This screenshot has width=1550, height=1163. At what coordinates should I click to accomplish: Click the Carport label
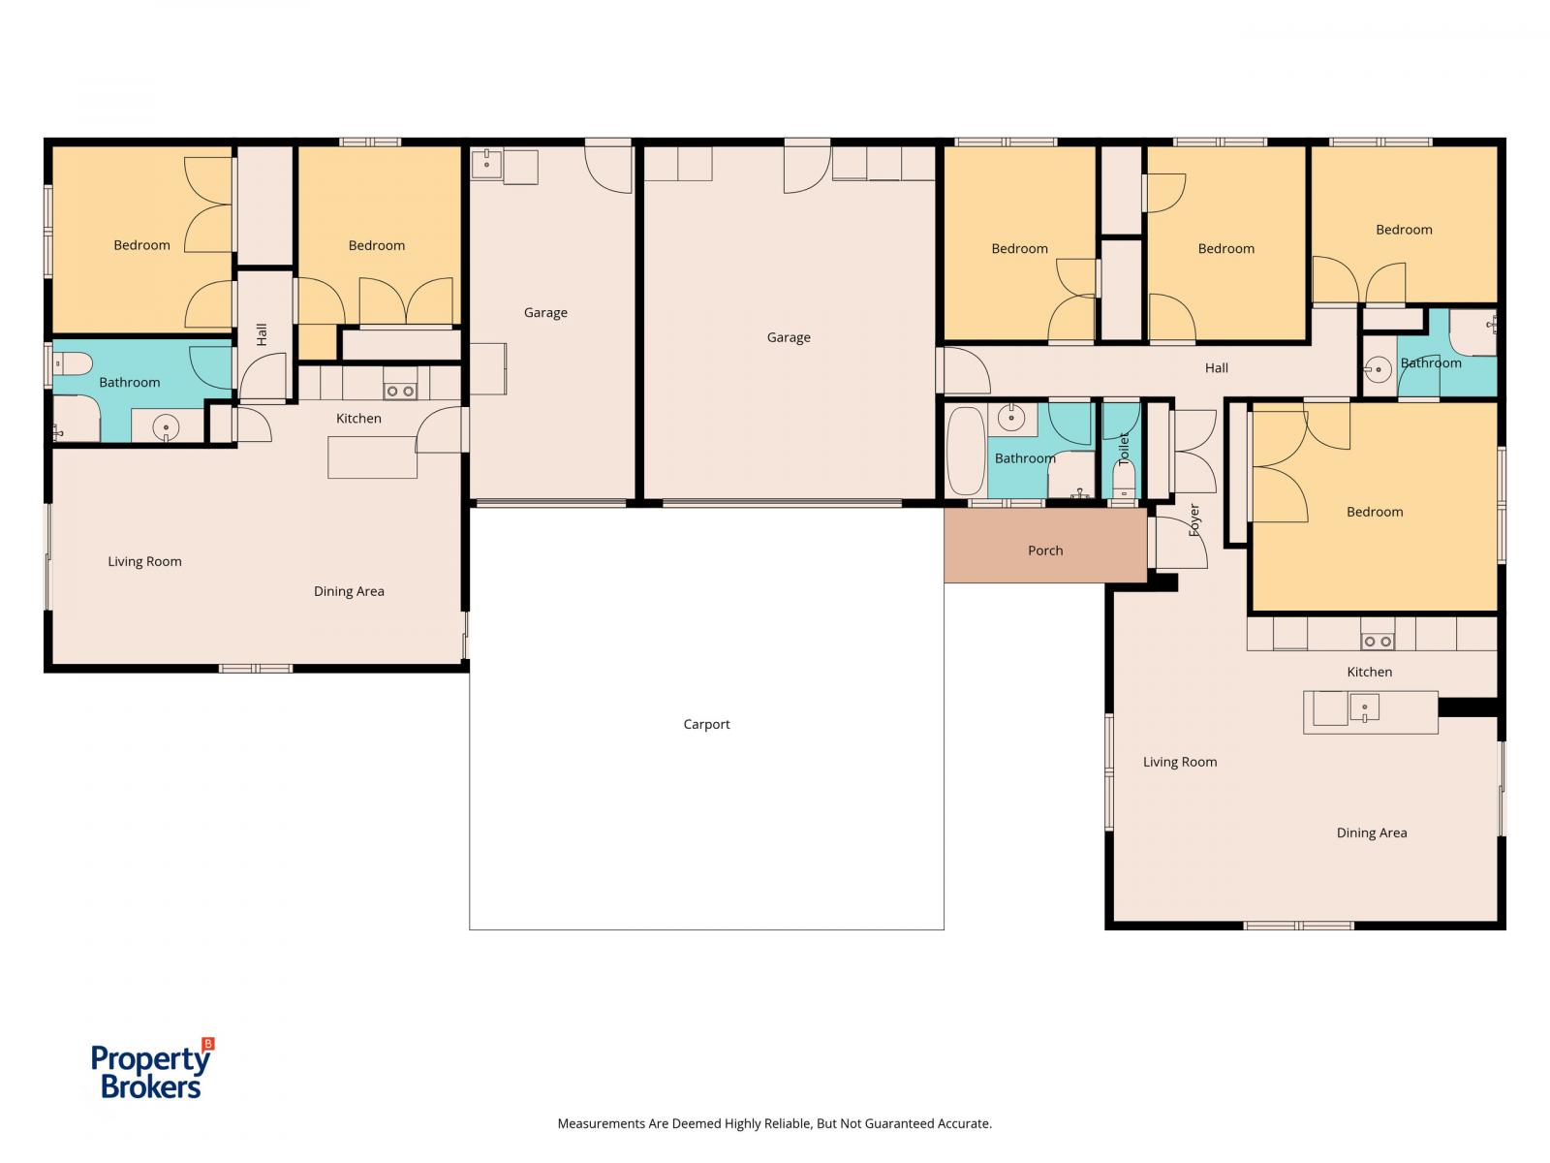pyautogui.click(x=706, y=724)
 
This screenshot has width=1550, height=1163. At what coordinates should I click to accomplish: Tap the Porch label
pyautogui.click(x=1045, y=550)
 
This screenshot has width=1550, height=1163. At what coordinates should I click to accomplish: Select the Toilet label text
pyautogui.click(x=1124, y=449)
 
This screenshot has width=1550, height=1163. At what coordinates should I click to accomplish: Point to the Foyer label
pyautogui.click(x=1194, y=519)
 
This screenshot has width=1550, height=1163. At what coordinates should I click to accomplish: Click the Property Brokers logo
pyautogui.click(x=152, y=1068)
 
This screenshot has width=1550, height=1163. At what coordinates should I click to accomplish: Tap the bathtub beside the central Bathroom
pyautogui.click(x=965, y=451)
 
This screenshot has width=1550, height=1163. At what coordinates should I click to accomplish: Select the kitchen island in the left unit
pyautogui.click(x=372, y=456)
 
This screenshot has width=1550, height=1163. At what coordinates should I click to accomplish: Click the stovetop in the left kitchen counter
pyautogui.click(x=400, y=391)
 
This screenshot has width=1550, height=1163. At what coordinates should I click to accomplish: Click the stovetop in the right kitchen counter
pyautogui.click(x=1378, y=642)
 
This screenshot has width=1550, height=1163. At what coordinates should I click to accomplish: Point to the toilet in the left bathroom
pyautogui.click(x=73, y=363)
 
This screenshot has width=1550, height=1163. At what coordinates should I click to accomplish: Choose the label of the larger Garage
pyautogui.click(x=789, y=337)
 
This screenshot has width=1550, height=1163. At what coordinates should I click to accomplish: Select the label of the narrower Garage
pyautogui.click(x=545, y=313)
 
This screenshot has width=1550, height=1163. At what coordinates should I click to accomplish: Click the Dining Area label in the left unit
pyautogui.click(x=349, y=591)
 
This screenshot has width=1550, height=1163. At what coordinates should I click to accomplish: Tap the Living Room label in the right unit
pyautogui.click(x=1180, y=762)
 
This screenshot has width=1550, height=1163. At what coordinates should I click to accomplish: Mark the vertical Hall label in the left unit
pyautogui.click(x=262, y=334)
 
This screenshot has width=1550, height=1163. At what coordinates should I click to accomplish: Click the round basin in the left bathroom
pyautogui.click(x=166, y=427)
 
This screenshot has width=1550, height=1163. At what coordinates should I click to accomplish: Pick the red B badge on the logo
pyautogui.click(x=208, y=1044)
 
